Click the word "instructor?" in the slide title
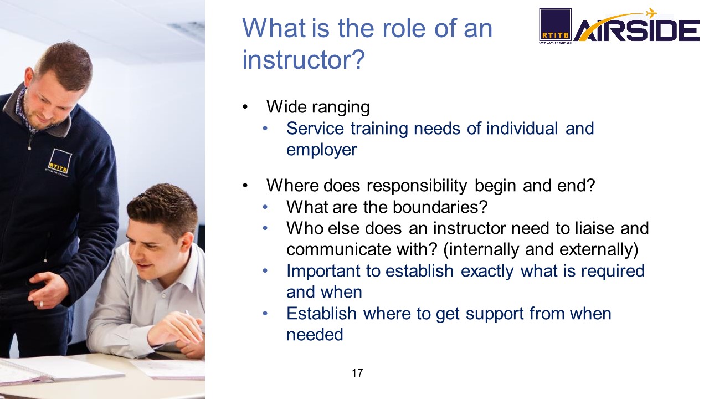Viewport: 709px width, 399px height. (x=304, y=59)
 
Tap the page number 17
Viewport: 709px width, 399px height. (x=357, y=373)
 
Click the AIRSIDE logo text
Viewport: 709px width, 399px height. (x=637, y=30)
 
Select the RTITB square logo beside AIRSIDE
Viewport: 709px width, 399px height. (x=555, y=25)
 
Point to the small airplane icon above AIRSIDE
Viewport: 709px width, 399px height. (x=651, y=13)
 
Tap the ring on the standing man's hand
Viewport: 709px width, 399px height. (x=41, y=304)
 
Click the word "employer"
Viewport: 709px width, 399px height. (x=322, y=150)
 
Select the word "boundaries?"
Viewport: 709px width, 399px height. (x=440, y=207)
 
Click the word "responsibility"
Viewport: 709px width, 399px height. (x=417, y=186)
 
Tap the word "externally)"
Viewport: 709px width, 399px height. (x=599, y=249)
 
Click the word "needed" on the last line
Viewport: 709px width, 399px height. (x=315, y=335)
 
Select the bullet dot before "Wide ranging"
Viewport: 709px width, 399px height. (x=245, y=107)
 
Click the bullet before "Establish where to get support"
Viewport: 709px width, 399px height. (x=265, y=314)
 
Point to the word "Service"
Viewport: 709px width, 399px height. (x=315, y=129)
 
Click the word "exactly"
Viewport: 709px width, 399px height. (x=487, y=272)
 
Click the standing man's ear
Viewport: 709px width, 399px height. (x=29, y=79)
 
